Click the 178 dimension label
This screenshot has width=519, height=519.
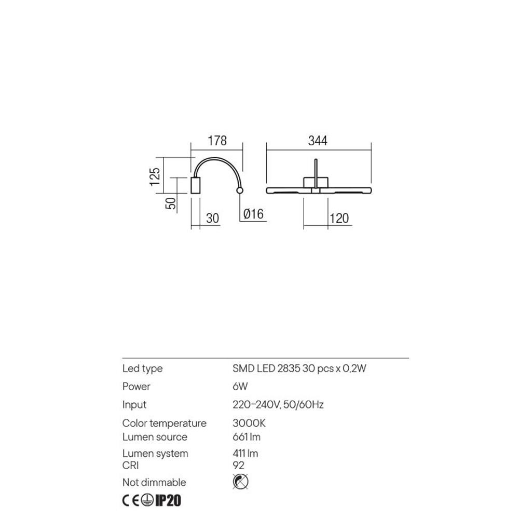pyautogui.click(x=217, y=141)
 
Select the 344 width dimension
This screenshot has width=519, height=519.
pyautogui.click(x=318, y=141)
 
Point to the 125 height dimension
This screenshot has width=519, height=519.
pyautogui.click(x=155, y=177)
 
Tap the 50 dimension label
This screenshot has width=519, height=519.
pyautogui.click(x=171, y=203)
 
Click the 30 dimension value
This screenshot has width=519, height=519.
pyautogui.click(x=212, y=218)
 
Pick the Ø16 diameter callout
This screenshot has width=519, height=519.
pyautogui.click(x=254, y=214)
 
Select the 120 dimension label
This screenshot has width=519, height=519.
pyautogui.click(x=339, y=218)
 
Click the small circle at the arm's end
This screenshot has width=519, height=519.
pyautogui.click(x=240, y=190)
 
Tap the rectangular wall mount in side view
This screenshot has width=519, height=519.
pyautogui.click(x=196, y=185)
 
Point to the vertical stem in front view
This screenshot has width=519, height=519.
pyautogui.click(x=316, y=174)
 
